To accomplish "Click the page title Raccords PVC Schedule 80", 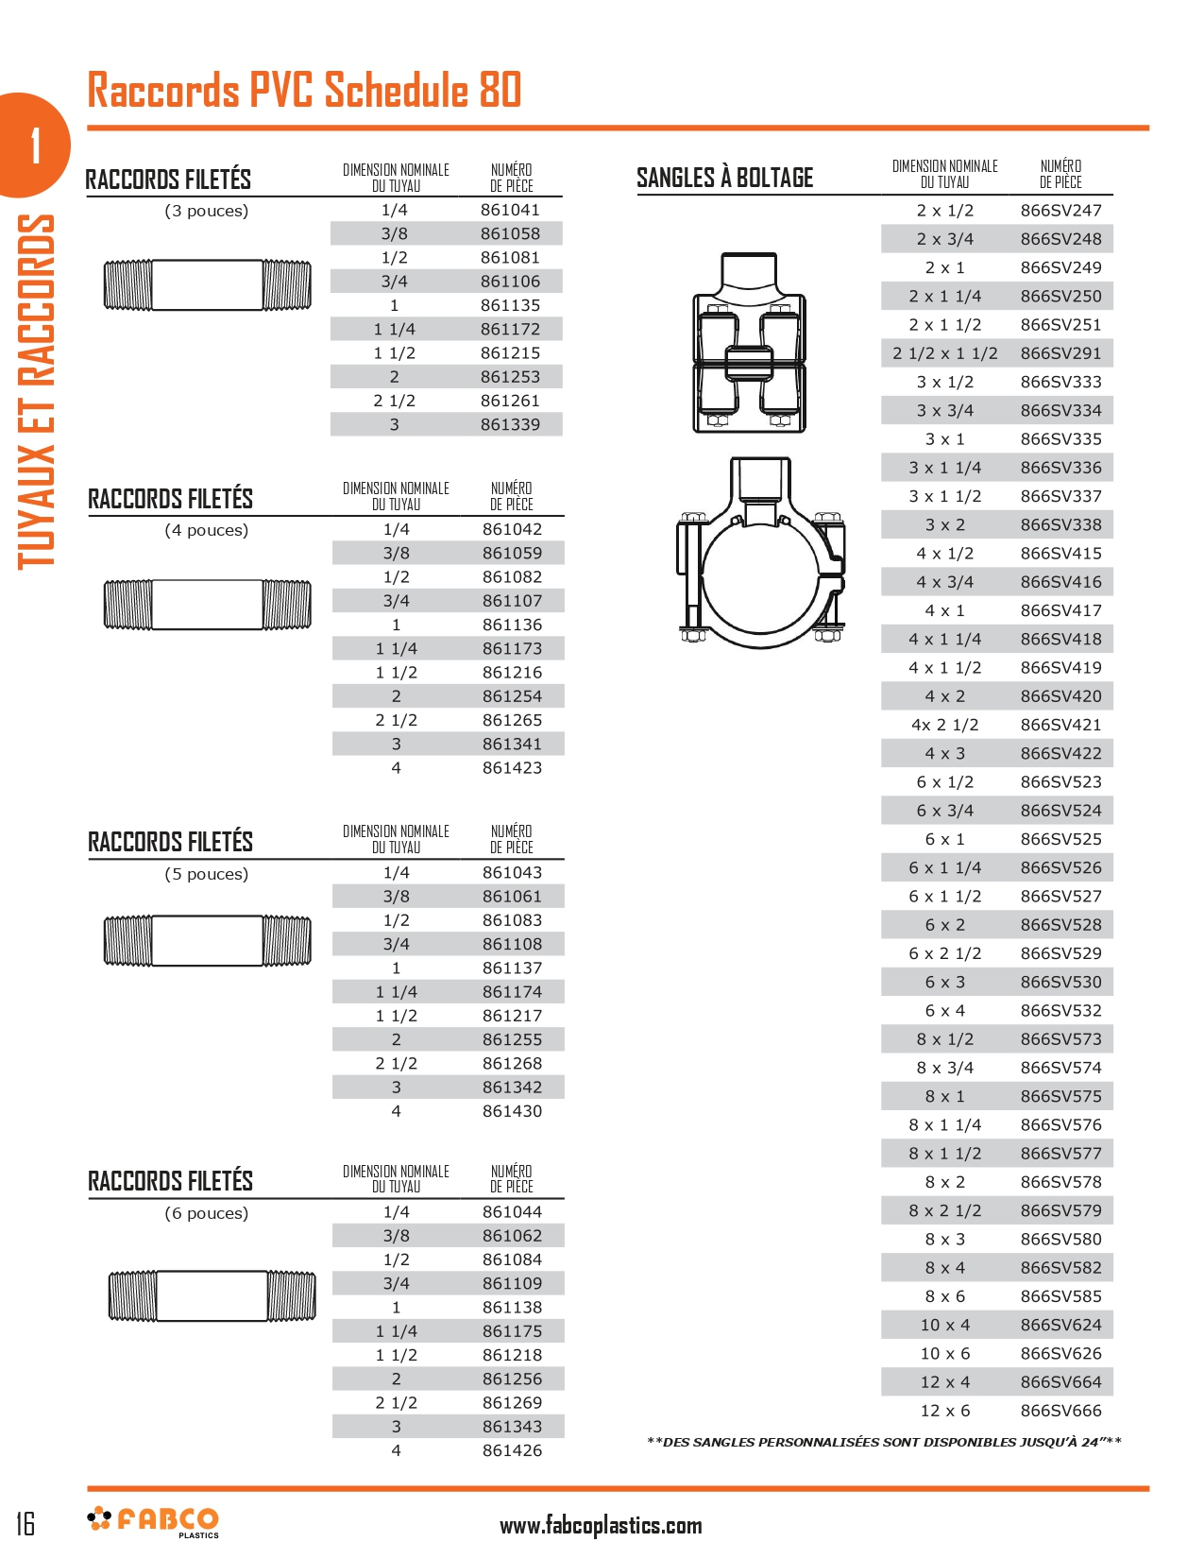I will point(304,91).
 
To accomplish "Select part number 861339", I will point(510,425).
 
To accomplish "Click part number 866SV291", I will point(1060,353).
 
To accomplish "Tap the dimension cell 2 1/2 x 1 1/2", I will point(944,353).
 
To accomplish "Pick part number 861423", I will point(512,768).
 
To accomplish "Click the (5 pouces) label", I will point(207,874).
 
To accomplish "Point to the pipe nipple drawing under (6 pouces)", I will point(212,1295).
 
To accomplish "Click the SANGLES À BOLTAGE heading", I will point(724,178).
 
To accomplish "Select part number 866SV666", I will point(1060,1411).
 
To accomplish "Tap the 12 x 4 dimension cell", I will point(944,1382).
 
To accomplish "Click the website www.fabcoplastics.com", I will point(601,1525).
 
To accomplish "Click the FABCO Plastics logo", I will point(154,1521).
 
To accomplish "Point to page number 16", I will point(25,1523).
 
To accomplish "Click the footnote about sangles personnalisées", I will point(884,1442).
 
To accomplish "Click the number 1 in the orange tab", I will point(36,146).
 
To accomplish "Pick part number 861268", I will point(512,1064).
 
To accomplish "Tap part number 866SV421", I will point(1060,725).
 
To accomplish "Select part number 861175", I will point(512,1331).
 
